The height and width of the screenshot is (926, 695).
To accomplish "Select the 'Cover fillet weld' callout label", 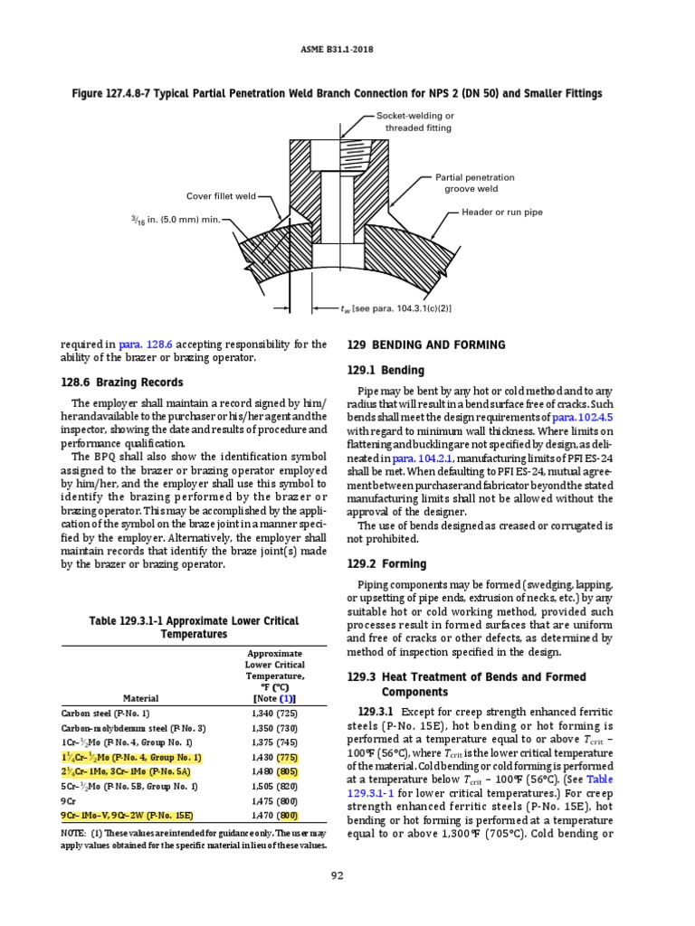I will click(221, 195).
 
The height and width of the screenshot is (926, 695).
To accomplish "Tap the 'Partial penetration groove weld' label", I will click(474, 183).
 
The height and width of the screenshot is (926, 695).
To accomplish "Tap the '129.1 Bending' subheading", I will click(386, 371).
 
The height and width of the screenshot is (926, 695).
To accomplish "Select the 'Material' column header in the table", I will click(140, 698).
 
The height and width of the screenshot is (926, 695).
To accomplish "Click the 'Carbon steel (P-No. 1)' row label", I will click(107, 713).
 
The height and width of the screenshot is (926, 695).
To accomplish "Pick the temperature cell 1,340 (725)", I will click(273, 713).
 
